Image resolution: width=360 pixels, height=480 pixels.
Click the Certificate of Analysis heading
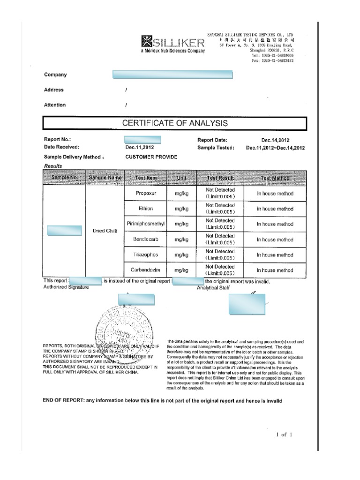point(175,123)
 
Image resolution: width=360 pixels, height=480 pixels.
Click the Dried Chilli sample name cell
point(105,231)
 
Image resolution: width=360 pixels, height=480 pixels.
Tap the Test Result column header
point(220,178)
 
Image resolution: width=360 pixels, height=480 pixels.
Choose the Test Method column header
point(275,178)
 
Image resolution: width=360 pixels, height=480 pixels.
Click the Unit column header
point(181,178)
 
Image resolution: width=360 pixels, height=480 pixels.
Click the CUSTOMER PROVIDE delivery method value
point(151,157)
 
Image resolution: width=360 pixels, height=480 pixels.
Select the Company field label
point(55,75)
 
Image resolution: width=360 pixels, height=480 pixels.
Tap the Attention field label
point(55,105)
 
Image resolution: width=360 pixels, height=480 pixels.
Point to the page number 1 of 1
point(284,435)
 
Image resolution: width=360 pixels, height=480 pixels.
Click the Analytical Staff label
point(213,288)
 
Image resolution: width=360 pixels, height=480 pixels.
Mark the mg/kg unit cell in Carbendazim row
point(181,270)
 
